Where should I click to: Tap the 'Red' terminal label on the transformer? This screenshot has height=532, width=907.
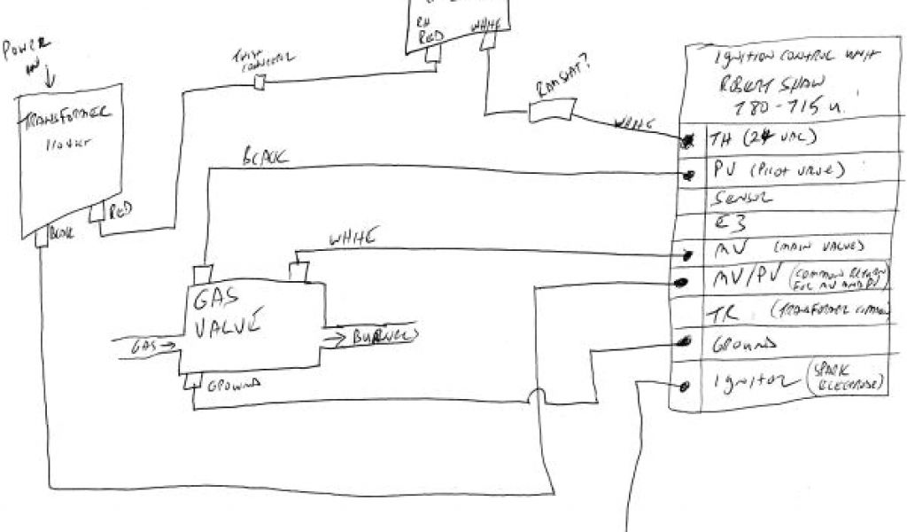[x=120, y=213]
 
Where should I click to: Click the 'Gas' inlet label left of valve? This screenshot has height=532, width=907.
[x=143, y=342]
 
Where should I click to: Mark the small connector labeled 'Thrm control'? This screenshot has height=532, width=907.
[x=261, y=82]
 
